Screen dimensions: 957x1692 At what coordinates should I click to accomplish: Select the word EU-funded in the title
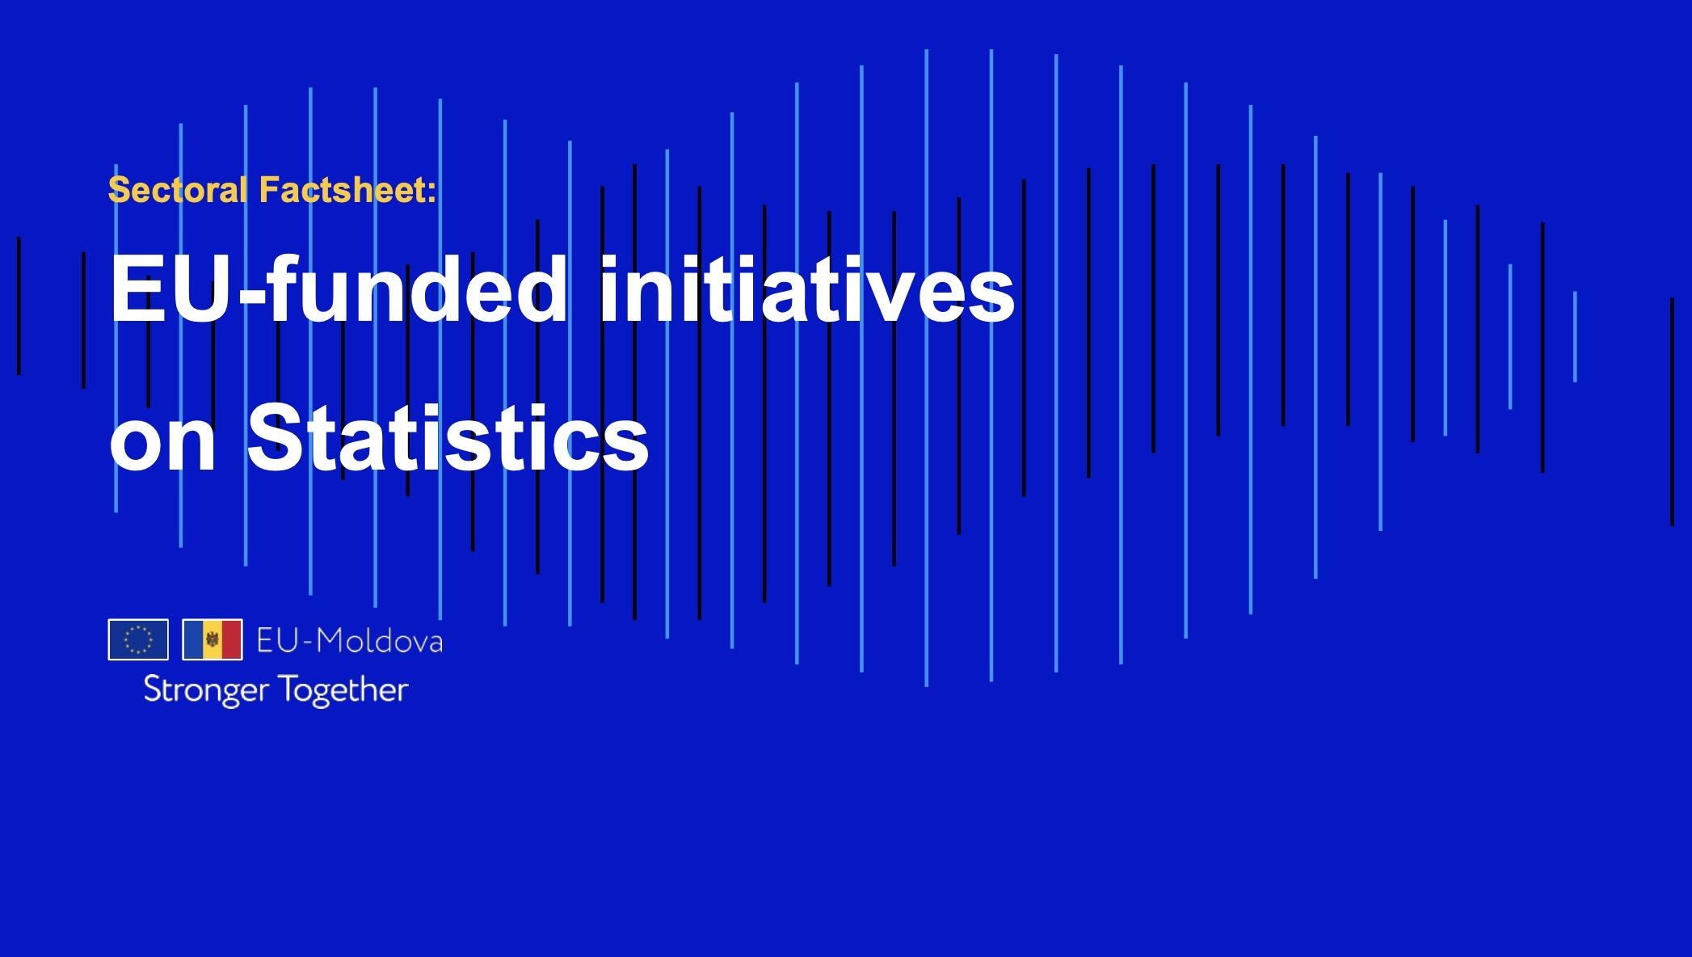pos(339,289)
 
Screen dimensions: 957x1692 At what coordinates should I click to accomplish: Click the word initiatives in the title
pos(806,289)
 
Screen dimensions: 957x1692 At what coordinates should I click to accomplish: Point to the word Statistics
pos(448,439)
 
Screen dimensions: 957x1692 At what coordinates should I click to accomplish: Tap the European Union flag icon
pos(138,639)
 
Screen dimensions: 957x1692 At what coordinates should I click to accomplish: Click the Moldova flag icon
pos(213,639)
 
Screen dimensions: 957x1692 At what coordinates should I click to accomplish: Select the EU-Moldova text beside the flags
pos(349,641)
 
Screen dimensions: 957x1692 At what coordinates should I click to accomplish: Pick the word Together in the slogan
pos(343,690)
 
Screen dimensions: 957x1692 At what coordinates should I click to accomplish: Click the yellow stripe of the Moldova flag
pos(213,639)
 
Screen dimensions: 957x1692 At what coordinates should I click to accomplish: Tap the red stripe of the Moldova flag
pos(232,639)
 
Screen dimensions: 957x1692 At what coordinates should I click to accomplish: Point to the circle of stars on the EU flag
pos(138,639)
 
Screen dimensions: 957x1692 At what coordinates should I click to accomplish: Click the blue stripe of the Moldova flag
pos(193,639)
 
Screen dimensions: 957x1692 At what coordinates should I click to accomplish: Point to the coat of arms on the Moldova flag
pos(213,639)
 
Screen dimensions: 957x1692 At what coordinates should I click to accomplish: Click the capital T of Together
pos(284,689)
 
